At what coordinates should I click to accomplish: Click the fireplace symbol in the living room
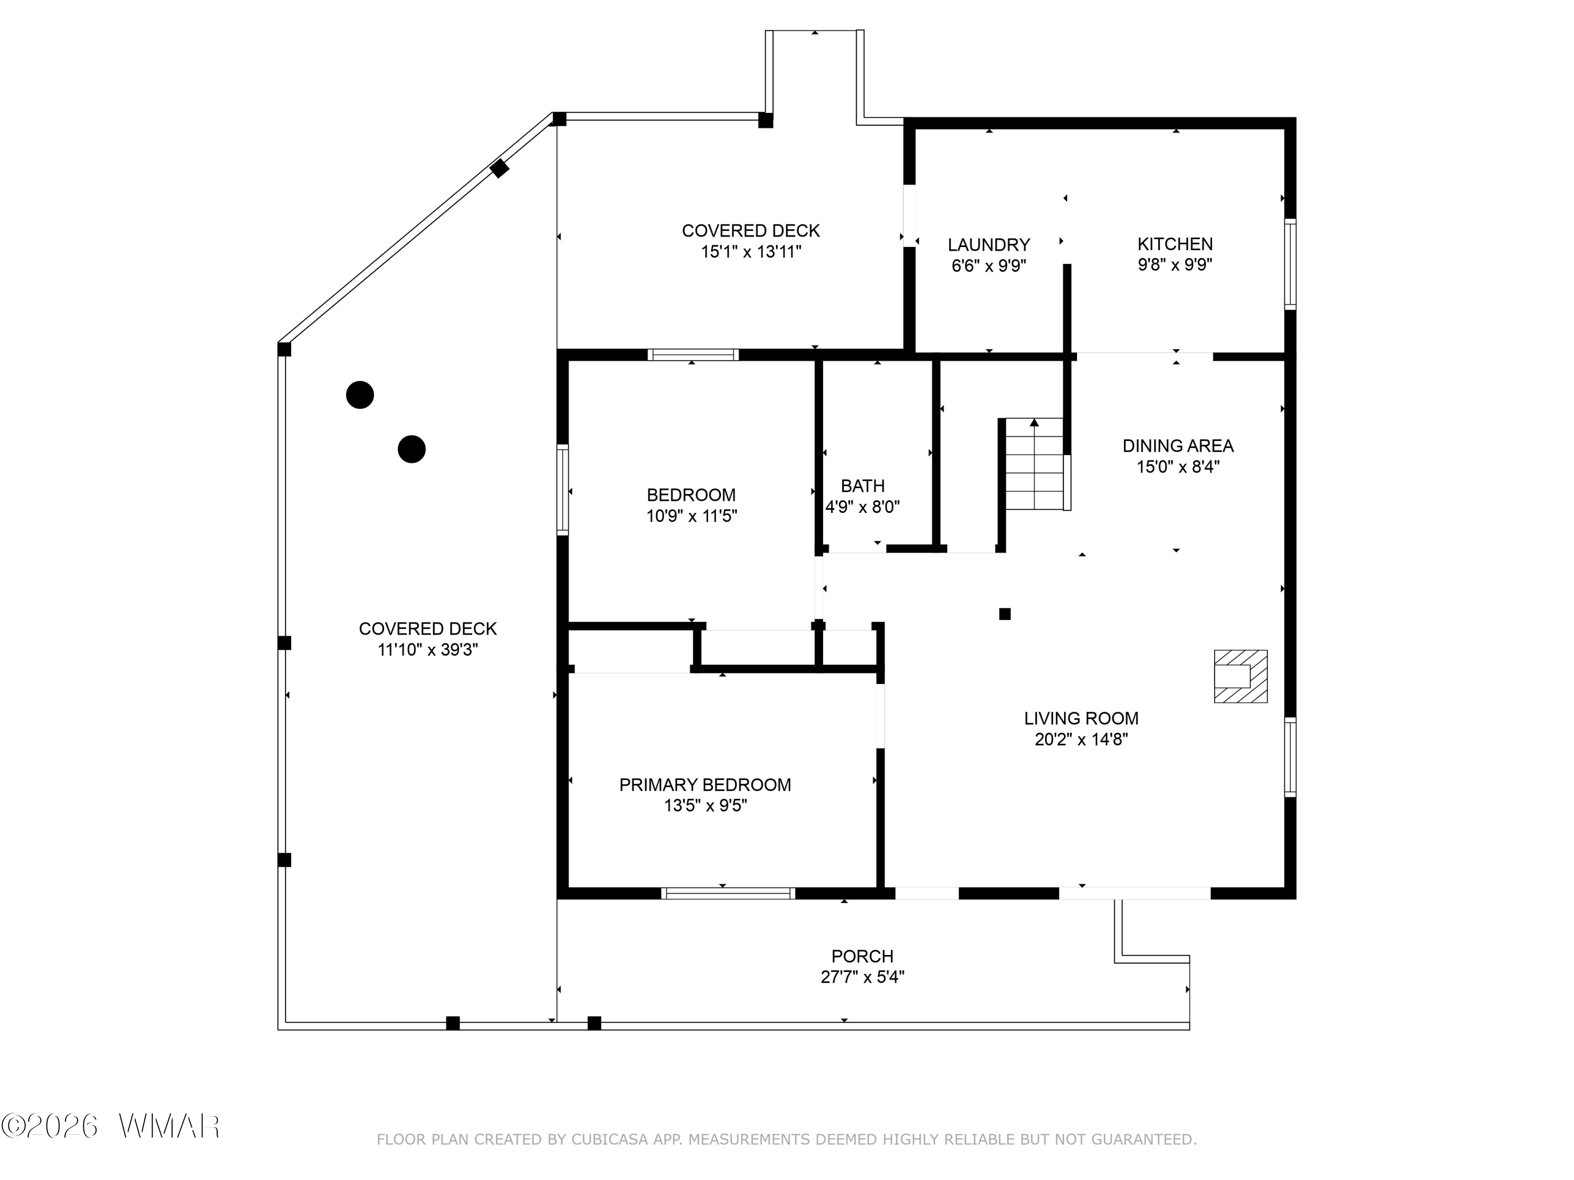[x=1240, y=677]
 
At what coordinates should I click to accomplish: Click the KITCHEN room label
[x=1175, y=244]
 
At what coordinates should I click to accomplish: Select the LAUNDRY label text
[x=988, y=245]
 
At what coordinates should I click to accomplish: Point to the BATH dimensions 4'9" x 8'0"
[x=863, y=507]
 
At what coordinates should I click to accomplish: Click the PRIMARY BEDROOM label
[x=705, y=785]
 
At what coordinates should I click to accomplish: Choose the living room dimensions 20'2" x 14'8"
[x=1081, y=739]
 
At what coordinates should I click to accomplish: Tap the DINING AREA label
[x=1178, y=446]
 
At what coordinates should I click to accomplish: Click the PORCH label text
[x=863, y=956]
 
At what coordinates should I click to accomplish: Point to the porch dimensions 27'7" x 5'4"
[x=863, y=977]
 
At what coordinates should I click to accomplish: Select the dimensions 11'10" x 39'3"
[x=428, y=649]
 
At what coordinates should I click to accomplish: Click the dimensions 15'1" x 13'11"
[x=751, y=251]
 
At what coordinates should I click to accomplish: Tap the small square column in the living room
[x=1005, y=614]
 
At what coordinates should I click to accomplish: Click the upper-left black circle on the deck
[x=360, y=395]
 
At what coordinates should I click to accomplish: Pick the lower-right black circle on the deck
[x=411, y=449]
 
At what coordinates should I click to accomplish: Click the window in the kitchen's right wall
[x=1290, y=265]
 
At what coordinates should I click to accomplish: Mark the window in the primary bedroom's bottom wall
[x=728, y=893]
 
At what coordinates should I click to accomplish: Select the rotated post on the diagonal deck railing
[x=499, y=168]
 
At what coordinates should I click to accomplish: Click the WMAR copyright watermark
[x=110, y=1126]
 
